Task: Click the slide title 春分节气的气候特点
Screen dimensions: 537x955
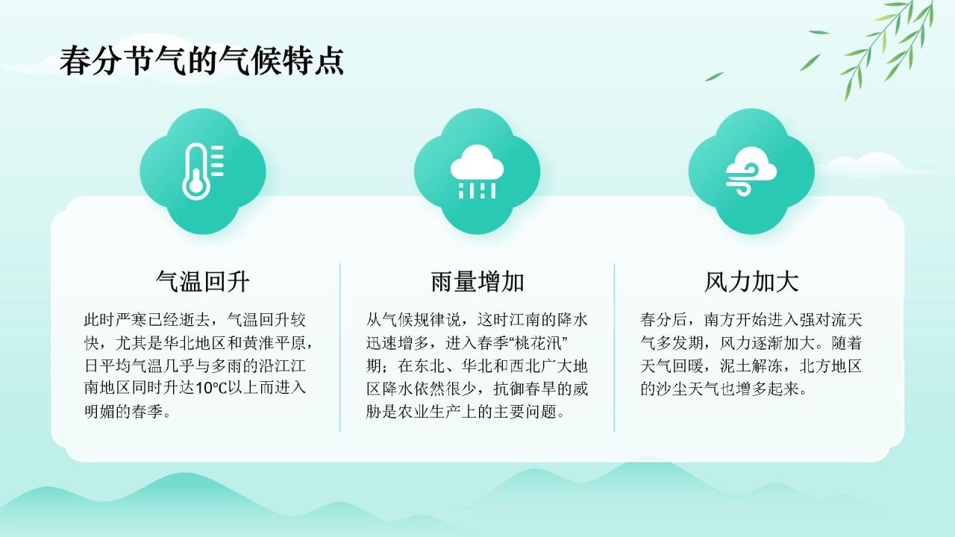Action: [201, 60]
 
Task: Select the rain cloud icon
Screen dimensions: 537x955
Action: [477, 171]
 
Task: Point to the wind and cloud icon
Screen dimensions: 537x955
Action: [751, 171]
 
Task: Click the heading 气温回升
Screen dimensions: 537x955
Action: [202, 281]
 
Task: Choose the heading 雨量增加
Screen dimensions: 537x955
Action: [477, 281]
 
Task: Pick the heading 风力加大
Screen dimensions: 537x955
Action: [751, 281]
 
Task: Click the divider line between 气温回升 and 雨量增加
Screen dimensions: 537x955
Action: [340, 347]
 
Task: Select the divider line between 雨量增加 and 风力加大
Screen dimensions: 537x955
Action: [615, 347]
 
